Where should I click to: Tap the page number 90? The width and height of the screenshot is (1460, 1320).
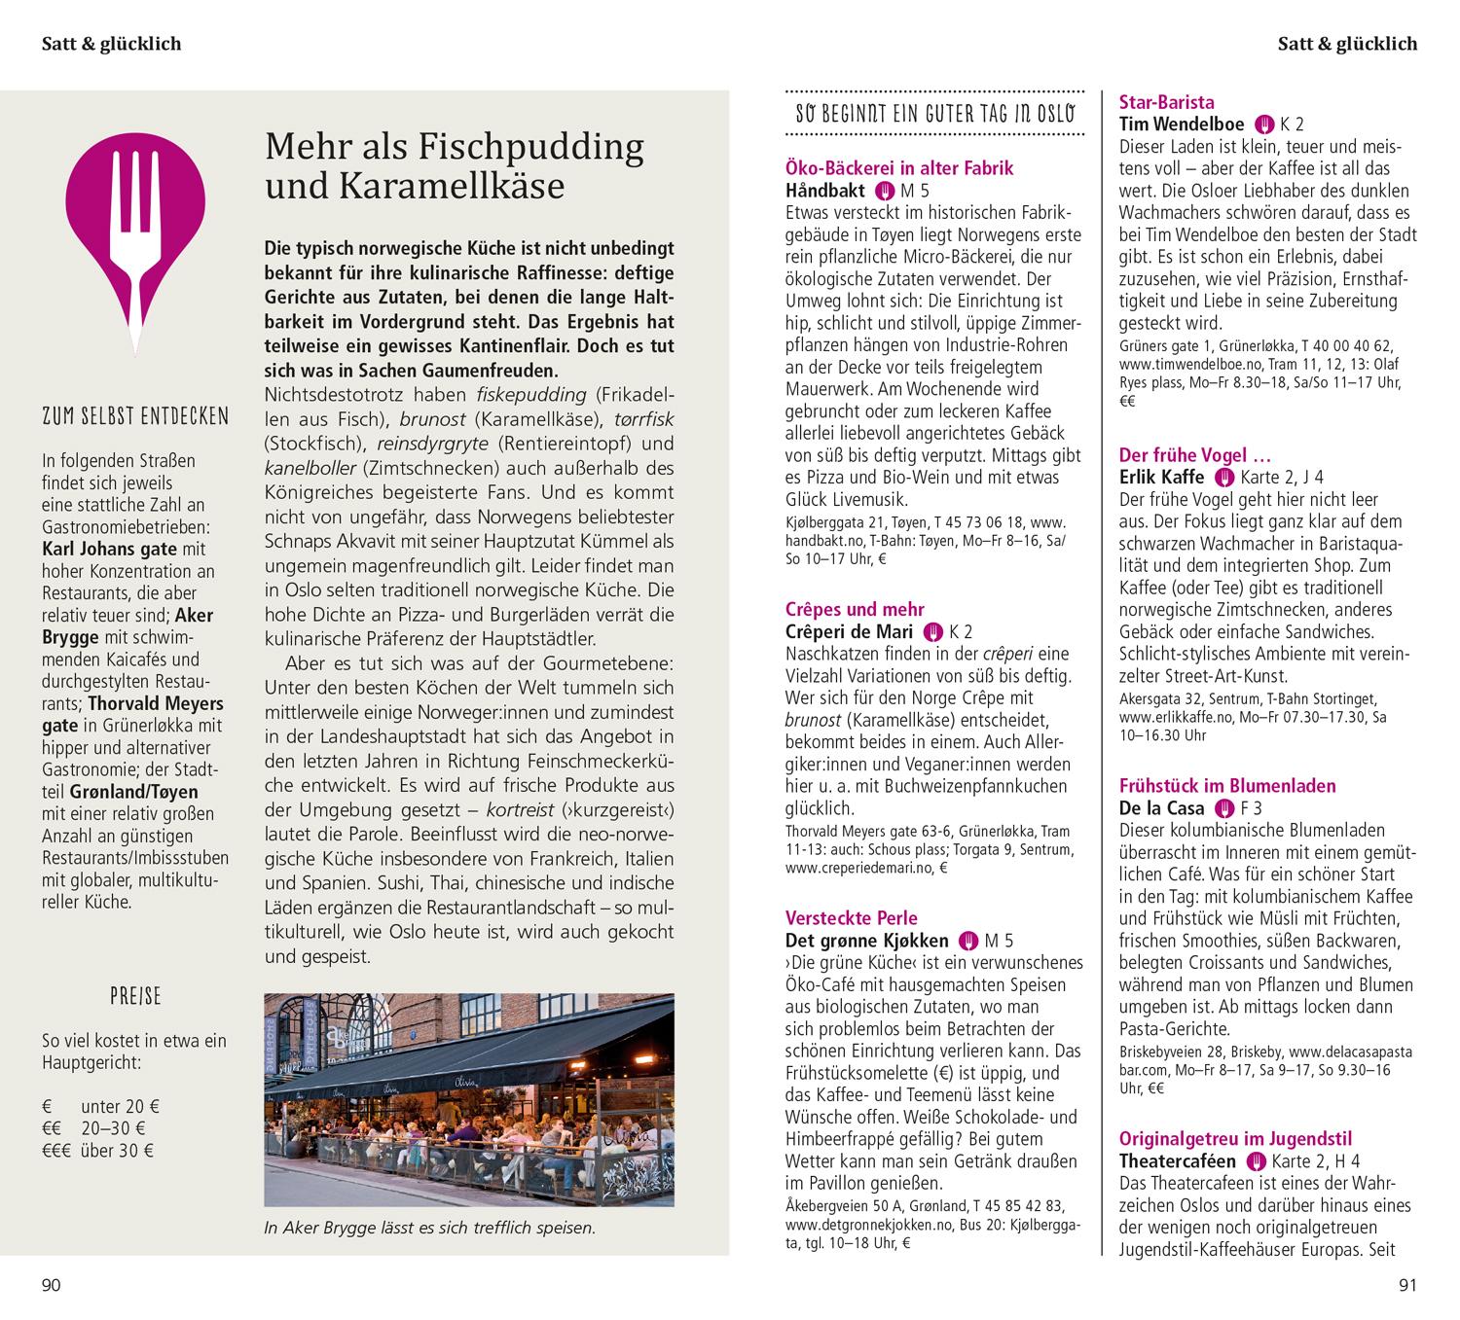pyautogui.click(x=51, y=1286)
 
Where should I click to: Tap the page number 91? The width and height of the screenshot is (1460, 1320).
pyautogui.click(x=1407, y=1286)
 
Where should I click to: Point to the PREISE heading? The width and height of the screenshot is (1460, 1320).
pyautogui.click(x=135, y=997)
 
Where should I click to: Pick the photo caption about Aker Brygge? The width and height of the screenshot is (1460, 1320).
pyautogui.click(x=429, y=1228)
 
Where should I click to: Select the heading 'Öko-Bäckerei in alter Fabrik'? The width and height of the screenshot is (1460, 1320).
pyautogui.click(x=899, y=168)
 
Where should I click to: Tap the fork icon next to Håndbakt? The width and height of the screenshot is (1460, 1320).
pyautogui.click(x=885, y=191)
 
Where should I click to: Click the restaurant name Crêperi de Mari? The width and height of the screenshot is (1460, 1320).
pyautogui.click(x=849, y=631)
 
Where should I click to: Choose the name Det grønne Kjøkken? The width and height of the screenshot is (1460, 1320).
pyautogui.click(x=866, y=940)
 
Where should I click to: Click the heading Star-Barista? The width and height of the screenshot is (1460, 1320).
pyautogui.click(x=1166, y=101)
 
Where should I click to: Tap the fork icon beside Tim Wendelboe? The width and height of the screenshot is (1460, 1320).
pyautogui.click(x=1264, y=124)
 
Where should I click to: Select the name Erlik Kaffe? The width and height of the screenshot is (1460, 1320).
pyautogui.click(x=1161, y=477)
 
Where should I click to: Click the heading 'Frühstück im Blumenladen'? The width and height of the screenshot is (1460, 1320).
pyautogui.click(x=1227, y=785)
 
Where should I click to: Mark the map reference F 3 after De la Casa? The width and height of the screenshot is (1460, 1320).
pyautogui.click(x=1251, y=807)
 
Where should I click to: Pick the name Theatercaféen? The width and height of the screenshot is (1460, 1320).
pyautogui.click(x=1178, y=1160)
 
